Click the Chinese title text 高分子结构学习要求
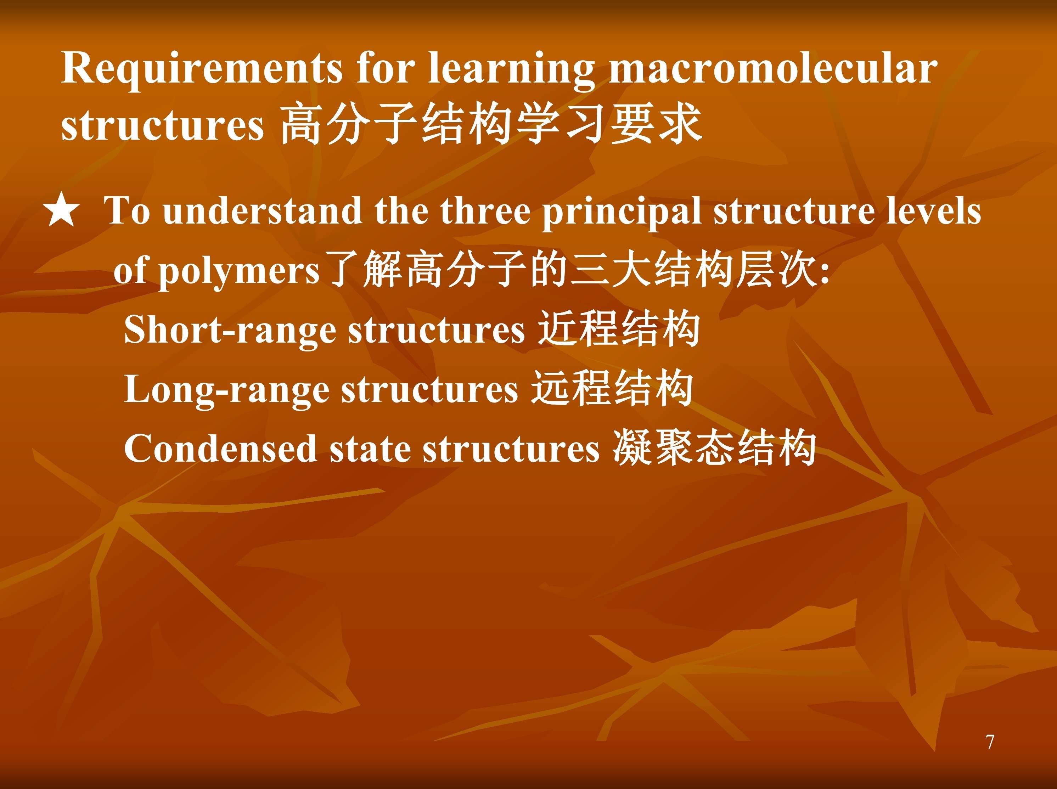tap(491, 124)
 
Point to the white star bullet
tap(61, 210)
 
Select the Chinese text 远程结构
tap(612, 388)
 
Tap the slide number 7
tap(990, 742)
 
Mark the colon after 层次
tap(824, 271)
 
